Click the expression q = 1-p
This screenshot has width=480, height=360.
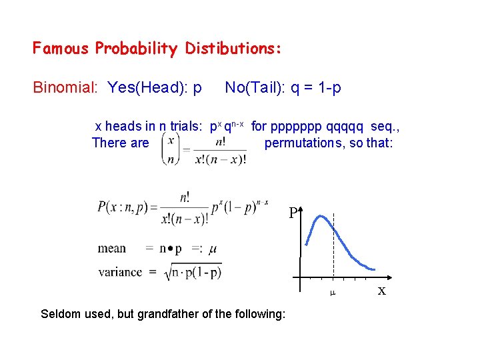coord(316,87)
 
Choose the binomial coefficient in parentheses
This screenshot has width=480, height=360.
coord(172,149)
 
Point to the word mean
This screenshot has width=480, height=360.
coord(111,249)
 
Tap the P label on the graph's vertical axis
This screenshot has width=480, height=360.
coord(293,213)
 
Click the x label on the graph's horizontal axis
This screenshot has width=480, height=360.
coord(381,291)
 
